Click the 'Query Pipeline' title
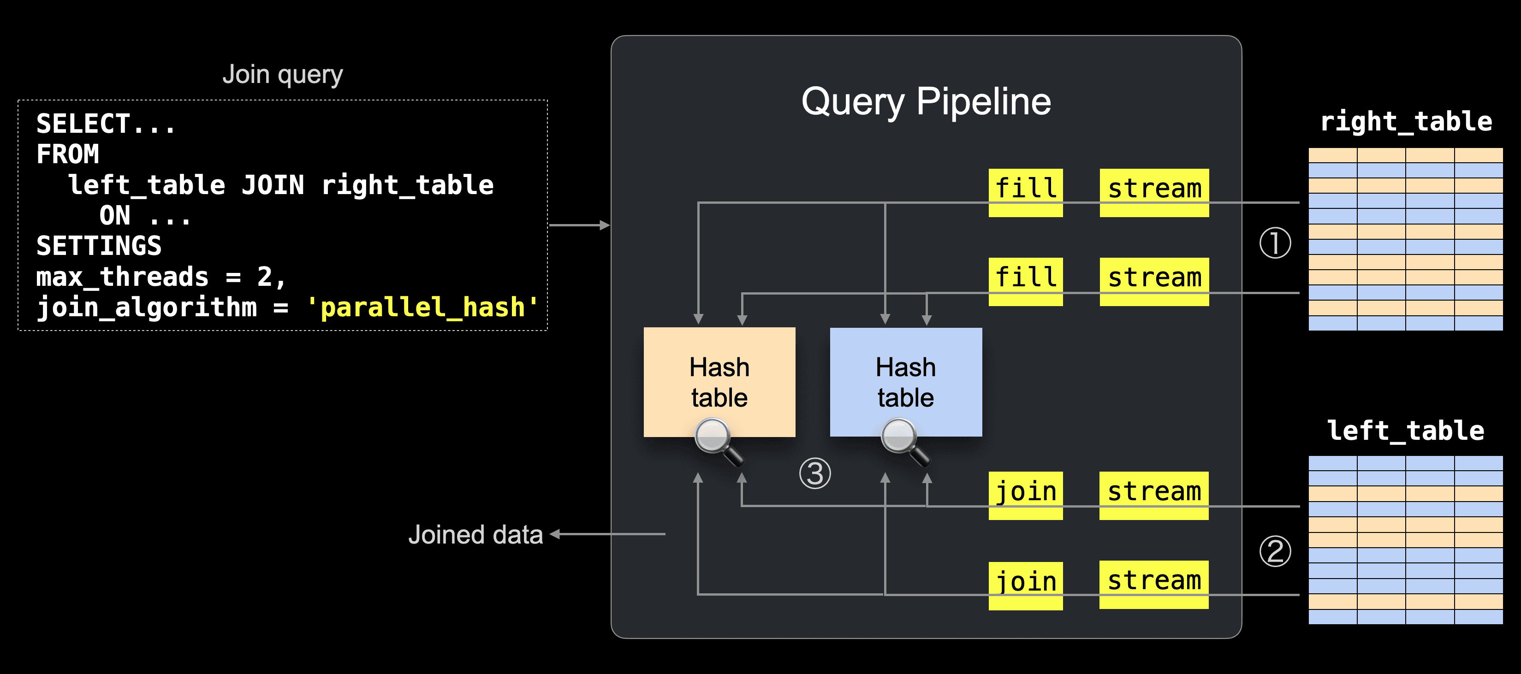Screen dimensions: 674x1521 [x=926, y=101]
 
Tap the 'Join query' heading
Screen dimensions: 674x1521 [x=282, y=75]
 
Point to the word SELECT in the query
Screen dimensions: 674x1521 [x=83, y=124]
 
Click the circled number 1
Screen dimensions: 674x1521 [x=1275, y=243]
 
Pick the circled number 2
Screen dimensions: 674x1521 [x=1275, y=551]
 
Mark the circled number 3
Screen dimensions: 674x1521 [x=815, y=473]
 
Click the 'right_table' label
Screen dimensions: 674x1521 [x=1406, y=122]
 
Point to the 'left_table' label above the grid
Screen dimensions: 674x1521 [x=1405, y=431]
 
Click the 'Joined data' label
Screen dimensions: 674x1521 [x=475, y=535]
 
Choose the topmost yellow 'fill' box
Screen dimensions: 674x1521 [x=1026, y=192]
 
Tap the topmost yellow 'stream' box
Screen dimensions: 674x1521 [x=1154, y=192]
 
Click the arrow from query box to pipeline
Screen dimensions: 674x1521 [x=579, y=225]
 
